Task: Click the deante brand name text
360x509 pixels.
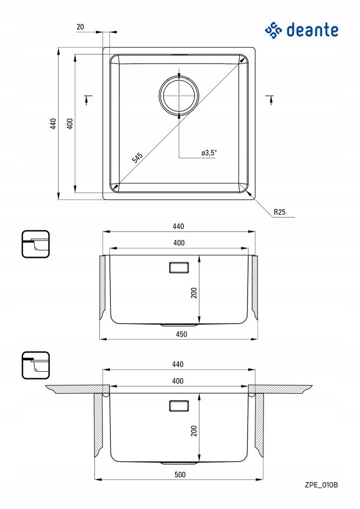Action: [x=312, y=30]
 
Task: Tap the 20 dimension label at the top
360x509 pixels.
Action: [x=80, y=27]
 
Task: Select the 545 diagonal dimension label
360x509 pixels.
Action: [x=137, y=158]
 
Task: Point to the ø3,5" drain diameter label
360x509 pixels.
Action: [x=209, y=153]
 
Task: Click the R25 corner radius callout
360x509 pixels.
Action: [x=279, y=212]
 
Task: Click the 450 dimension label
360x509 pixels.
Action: [x=181, y=334]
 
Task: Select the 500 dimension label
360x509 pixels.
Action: [x=180, y=475]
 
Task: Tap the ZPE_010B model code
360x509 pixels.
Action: [x=321, y=485]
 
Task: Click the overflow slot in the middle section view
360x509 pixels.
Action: [x=179, y=267]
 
